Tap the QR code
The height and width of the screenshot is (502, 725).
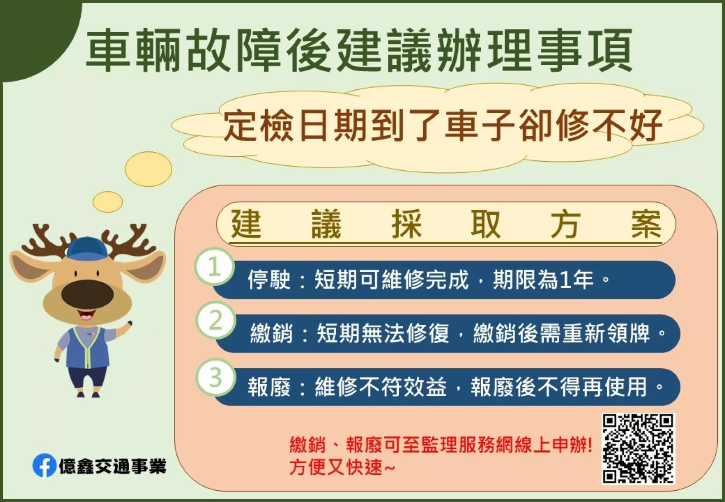point(638,449)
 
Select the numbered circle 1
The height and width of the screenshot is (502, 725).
point(214,266)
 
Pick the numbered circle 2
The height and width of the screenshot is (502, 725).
point(216,320)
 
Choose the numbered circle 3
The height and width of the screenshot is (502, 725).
point(216,377)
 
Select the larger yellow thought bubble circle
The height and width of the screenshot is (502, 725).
point(149,169)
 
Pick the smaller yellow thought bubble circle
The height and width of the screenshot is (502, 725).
point(108,202)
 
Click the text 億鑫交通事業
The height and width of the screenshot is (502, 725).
point(112,466)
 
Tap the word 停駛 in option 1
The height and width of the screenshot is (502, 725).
point(269,279)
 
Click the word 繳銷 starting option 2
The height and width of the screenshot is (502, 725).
point(271,333)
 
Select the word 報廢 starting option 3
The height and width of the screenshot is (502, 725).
point(269,386)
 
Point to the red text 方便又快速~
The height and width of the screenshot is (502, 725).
point(342,467)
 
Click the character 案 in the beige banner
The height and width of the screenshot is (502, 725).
point(646,224)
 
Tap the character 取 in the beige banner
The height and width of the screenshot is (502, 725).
point(486,224)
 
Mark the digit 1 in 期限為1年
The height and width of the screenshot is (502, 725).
point(564,280)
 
